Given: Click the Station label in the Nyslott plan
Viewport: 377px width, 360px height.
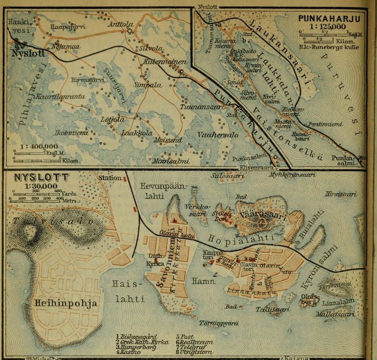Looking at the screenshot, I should click(109, 178).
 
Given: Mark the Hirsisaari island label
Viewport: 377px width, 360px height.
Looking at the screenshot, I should click(346, 195).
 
